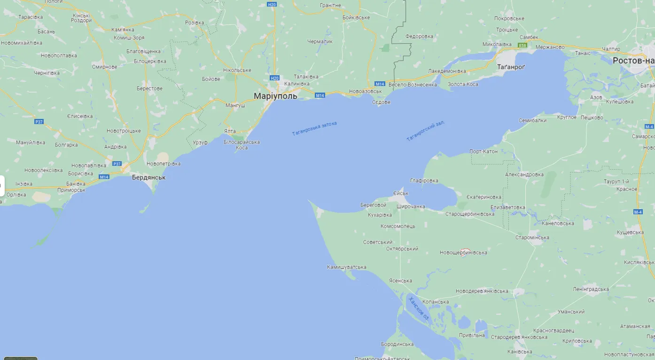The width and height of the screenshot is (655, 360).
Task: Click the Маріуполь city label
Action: tap(275, 96)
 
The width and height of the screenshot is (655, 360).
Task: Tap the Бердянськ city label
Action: tap(148, 178)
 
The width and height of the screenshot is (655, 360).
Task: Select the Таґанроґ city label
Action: tap(511, 67)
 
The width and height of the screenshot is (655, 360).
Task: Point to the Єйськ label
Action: tap(401, 193)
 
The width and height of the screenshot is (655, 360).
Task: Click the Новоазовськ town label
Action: tap(366, 91)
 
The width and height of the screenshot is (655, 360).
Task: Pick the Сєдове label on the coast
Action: tap(381, 102)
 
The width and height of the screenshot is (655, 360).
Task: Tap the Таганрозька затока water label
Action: tap(314, 128)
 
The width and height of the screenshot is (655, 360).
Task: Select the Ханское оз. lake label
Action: tap(419, 308)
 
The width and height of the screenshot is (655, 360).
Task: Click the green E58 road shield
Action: tap(522, 45)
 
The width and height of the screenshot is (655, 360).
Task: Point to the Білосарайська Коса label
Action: tap(242, 145)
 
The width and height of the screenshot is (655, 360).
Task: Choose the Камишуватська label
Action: tap(346, 267)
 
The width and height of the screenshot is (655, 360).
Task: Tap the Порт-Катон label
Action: tap(483, 151)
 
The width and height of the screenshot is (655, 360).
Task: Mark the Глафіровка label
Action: tap(424, 180)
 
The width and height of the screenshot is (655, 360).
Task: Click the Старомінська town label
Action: tap(532, 237)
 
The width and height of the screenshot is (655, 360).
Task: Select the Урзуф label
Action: tap(200, 142)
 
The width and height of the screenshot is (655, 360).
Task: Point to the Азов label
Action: tap(596, 97)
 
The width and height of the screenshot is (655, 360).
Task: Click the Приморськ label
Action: tap(71, 190)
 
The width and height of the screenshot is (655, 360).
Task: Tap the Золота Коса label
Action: tap(463, 84)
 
